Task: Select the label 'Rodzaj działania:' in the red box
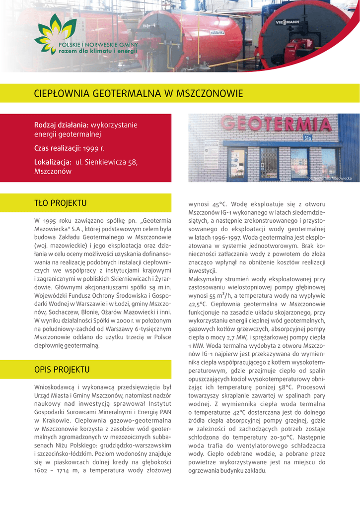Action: point(61,125)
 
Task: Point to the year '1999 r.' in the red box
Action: point(94,148)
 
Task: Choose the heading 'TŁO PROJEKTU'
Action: point(61,203)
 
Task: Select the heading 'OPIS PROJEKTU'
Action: point(62,370)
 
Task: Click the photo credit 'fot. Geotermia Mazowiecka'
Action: point(329,178)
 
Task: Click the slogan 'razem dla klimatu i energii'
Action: point(98,51)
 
